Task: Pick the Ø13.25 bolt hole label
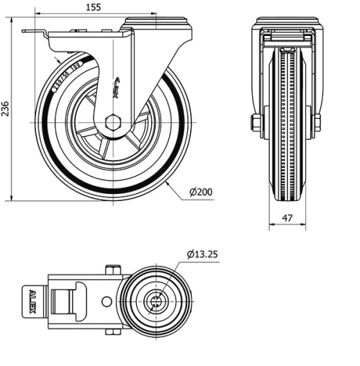click(x=206, y=254)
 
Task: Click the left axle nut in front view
click(x=256, y=123)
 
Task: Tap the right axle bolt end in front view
click(x=317, y=123)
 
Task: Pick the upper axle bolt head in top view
click(x=112, y=269)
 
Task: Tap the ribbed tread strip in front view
click(x=287, y=122)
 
